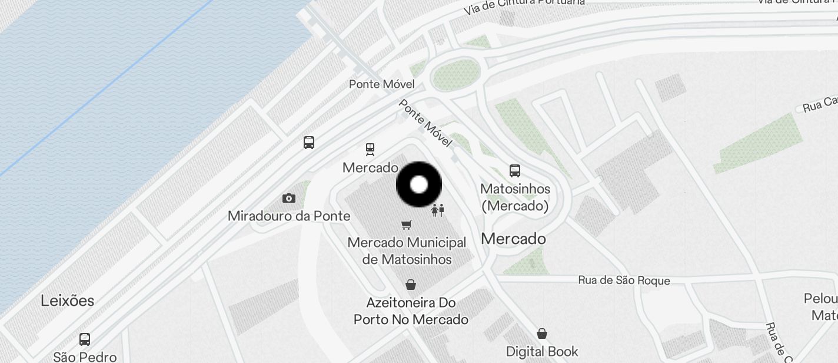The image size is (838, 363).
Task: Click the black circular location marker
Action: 419,184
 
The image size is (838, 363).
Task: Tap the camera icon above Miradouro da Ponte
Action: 288,198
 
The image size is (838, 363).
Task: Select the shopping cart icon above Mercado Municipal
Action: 406,224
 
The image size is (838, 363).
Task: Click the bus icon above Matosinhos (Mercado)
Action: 515,171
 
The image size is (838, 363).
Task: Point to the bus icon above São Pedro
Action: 85,339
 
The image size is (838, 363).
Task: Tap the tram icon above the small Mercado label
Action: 370,149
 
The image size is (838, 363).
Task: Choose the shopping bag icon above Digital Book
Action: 542,334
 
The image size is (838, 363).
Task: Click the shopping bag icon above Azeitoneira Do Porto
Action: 411,285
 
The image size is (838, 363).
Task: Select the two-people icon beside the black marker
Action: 437,210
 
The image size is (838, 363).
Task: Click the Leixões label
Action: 67,301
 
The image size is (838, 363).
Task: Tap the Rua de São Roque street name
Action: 624,280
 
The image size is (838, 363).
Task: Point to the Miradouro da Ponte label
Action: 289,216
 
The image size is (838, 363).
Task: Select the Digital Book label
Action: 542,352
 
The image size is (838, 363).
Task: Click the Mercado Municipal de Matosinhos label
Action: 407,251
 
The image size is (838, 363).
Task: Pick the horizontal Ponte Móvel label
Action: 382,84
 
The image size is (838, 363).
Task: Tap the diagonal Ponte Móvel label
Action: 425,123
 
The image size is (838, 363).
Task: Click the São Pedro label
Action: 85,357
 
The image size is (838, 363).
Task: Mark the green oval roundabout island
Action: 455,75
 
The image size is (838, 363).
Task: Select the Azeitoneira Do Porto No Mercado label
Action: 411,311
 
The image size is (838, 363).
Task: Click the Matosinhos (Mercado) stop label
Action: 515,197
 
